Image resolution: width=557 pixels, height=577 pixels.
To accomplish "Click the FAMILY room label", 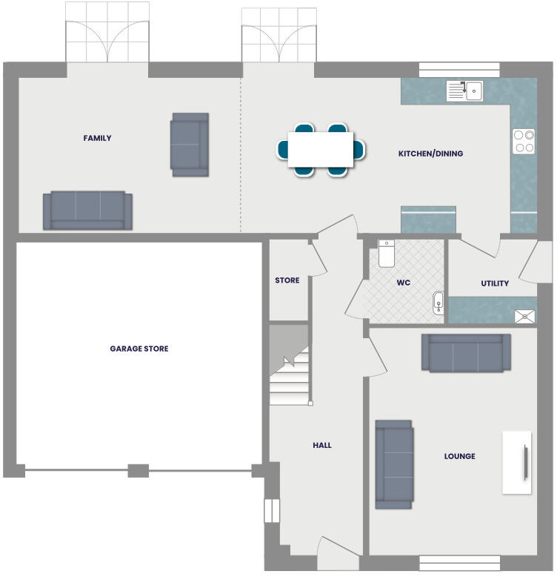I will [x=97, y=138].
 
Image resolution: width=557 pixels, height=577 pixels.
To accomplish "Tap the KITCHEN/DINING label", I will [x=430, y=154].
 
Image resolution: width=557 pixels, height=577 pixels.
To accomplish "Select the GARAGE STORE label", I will [x=139, y=349].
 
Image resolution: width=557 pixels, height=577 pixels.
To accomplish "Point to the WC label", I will [x=404, y=283].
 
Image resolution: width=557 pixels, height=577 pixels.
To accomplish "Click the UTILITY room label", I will [x=495, y=283].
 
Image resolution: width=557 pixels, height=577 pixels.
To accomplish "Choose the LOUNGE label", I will [x=460, y=456].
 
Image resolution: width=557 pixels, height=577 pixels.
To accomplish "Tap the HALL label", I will [x=322, y=445].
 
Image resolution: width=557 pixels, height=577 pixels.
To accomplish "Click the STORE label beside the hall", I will [x=287, y=280].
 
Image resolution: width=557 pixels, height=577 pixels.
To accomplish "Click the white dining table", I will [x=321, y=148].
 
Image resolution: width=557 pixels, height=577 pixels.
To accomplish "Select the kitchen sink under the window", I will [x=464, y=91].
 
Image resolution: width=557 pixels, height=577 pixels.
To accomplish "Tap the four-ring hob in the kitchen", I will [x=524, y=141].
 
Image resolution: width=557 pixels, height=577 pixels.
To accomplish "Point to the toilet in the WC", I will [x=386, y=253].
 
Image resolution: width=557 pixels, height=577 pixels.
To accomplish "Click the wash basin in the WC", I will [x=438, y=303].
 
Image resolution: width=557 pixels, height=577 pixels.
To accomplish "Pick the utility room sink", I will [x=525, y=316].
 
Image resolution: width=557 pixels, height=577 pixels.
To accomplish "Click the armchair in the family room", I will [x=190, y=144].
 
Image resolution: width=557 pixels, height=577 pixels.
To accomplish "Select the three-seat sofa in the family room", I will [x=87, y=211].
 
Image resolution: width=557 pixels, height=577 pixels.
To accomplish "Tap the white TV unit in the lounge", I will [x=517, y=462].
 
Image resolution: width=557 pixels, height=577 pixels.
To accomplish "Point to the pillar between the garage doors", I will [x=139, y=470].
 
